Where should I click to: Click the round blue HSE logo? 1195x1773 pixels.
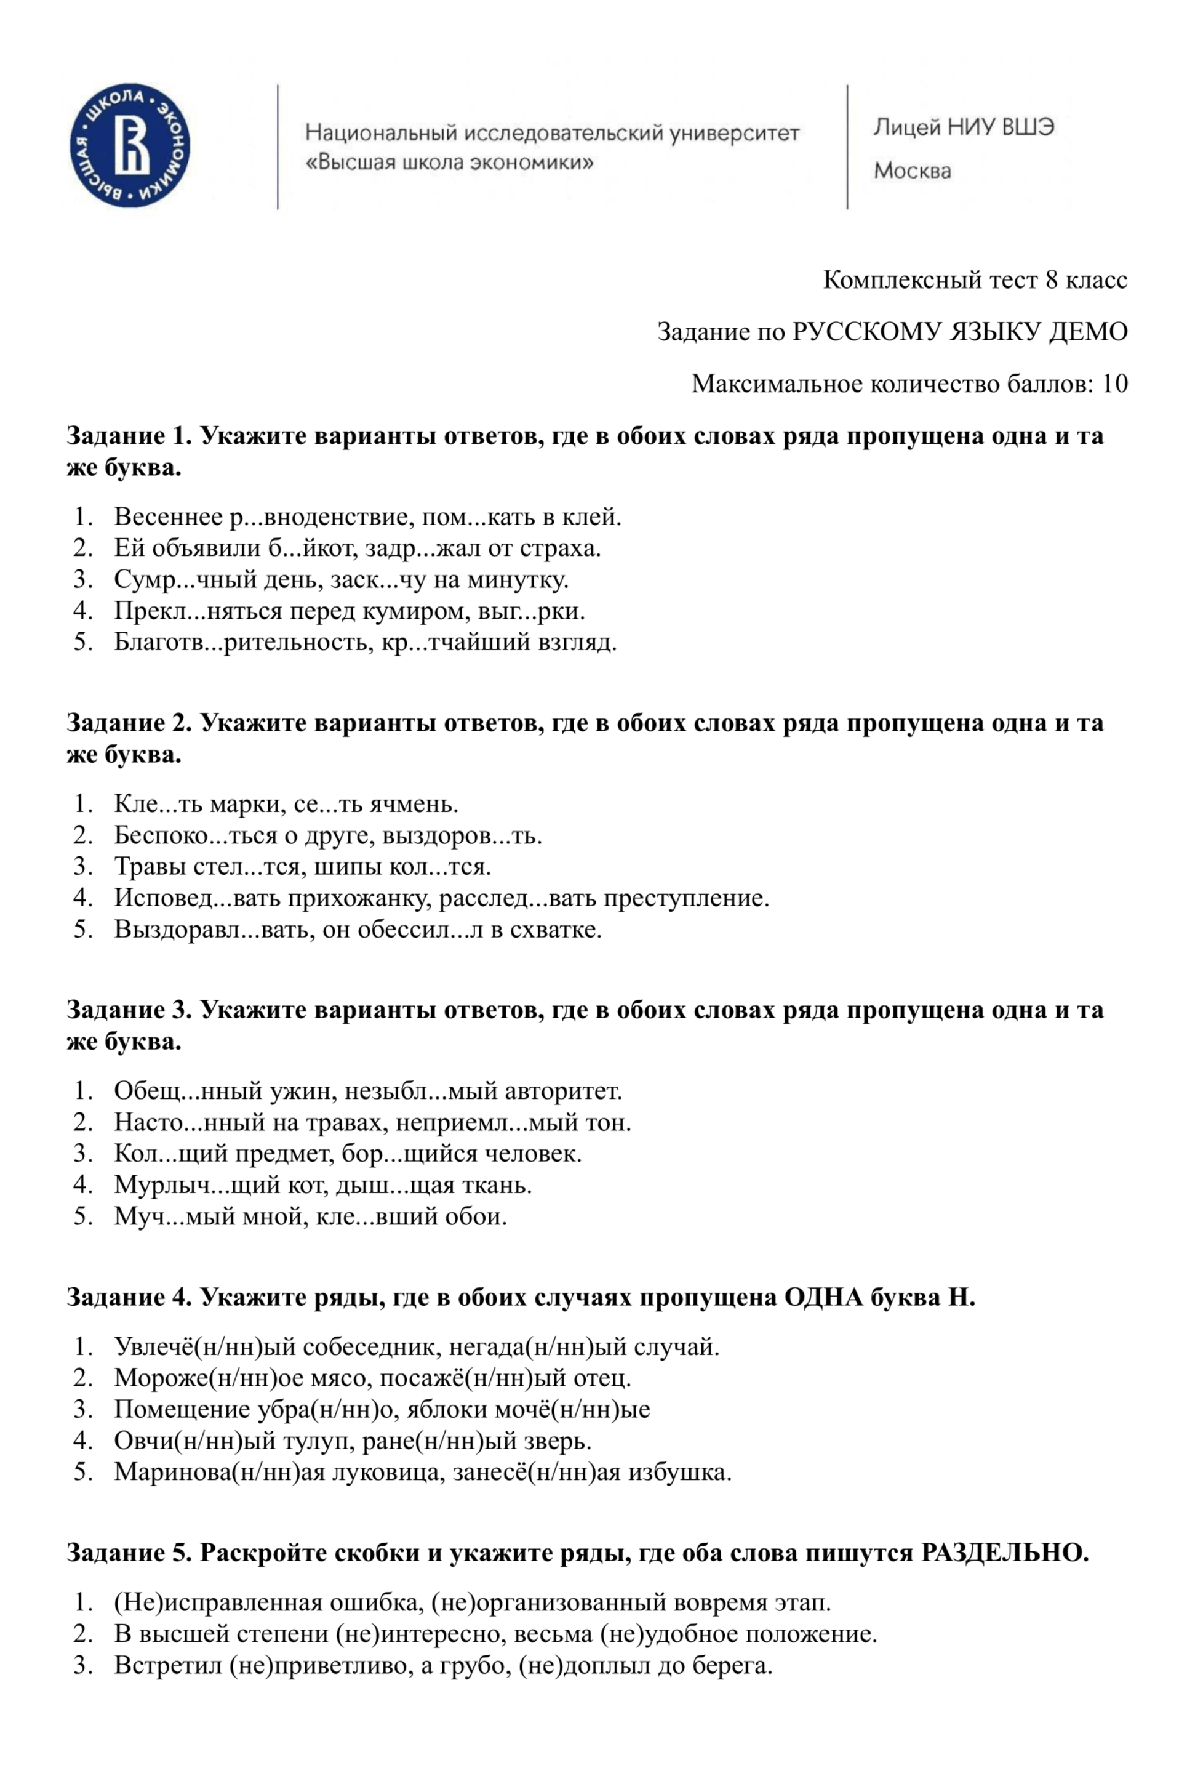pos(130,145)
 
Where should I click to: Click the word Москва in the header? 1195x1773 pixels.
pos(913,170)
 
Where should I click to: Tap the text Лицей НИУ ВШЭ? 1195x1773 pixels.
pos(963,127)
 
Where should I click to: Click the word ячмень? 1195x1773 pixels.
pos(413,803)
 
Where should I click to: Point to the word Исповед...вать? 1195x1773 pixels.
pos(198,897)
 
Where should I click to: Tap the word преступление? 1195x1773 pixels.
pos(686,897)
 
